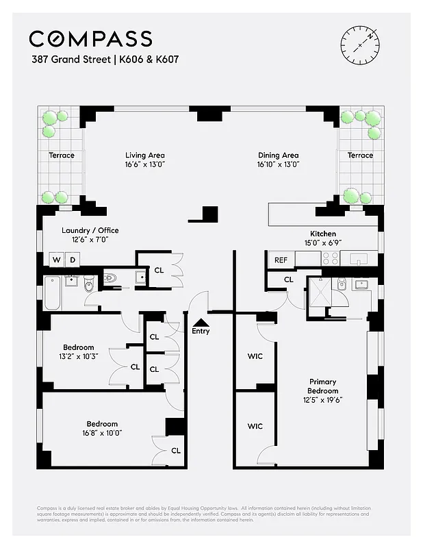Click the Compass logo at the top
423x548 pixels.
click(x=90, y=38)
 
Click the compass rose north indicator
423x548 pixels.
click(x=359, y=45)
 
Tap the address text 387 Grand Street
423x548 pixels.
click(x=70, y=60)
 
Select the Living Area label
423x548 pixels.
click(x=144, y=155)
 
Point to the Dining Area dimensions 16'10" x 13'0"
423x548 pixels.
click(x=278, y=164)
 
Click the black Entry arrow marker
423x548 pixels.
click(x=201, y=321)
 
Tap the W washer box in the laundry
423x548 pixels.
click(x=56, y=260)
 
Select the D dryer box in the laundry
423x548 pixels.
click(x=73, y=260)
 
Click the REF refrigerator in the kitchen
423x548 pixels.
click(x=281, y=260)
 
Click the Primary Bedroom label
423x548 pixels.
click(x=322, y=386)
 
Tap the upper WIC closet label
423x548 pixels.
click(x=255, y=356)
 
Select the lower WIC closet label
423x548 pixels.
click(x=255, y=426)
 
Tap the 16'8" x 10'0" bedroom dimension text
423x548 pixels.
click(x=102, y=433)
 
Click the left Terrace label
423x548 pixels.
click(x=62, y=155)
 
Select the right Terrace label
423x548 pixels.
click(x=360, y=155)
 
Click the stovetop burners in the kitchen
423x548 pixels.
click(x=330, y=258)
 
